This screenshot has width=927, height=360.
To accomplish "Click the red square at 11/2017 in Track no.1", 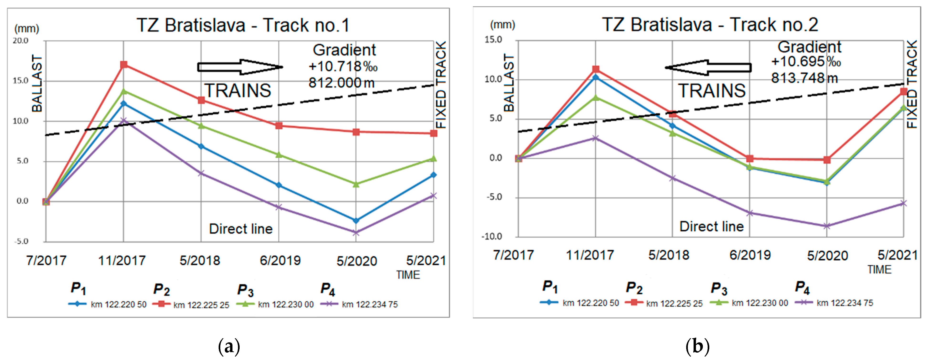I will coord(124,65).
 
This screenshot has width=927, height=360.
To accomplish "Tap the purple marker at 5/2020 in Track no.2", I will coord(827,226).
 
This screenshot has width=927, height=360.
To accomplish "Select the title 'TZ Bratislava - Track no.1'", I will coord(243,25).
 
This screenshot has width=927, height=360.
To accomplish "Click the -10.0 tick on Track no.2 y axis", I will coord(492,237).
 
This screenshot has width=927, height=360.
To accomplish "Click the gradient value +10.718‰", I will coord(343,67).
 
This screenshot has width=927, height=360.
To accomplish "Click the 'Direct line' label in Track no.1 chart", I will coord(241,229).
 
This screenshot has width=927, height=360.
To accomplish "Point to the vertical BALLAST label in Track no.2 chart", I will coord(509,83).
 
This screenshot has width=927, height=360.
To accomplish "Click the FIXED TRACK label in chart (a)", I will coord(441,85).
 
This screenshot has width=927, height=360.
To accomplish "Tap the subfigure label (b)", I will coord(697,346).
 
